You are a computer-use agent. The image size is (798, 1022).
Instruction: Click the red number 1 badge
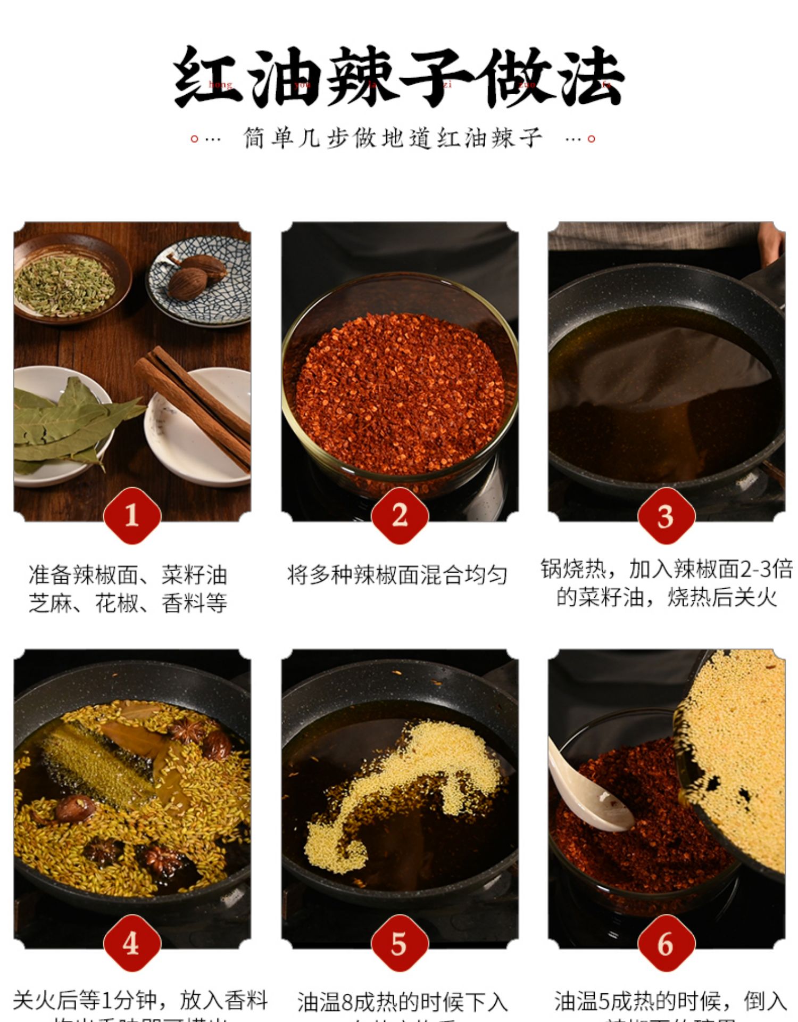[132, 515]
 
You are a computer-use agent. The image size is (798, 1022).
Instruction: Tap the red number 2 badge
[400, 515]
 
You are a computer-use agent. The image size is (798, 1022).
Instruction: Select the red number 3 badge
[666, 515]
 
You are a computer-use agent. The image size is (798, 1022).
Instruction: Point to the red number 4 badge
[132, 943]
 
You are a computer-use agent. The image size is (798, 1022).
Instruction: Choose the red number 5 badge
[400, 943]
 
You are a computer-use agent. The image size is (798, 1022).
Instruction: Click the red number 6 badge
[666, 943]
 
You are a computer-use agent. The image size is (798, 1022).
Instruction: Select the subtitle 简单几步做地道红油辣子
[393, 138]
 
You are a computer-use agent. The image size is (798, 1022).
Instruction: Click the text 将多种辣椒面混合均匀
[397, 575]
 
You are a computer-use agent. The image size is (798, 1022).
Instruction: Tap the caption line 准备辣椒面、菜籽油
[128, 575]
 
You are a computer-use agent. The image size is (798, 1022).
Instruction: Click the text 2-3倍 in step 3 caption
[766, 569]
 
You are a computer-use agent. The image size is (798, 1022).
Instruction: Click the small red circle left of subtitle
[194, 139]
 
